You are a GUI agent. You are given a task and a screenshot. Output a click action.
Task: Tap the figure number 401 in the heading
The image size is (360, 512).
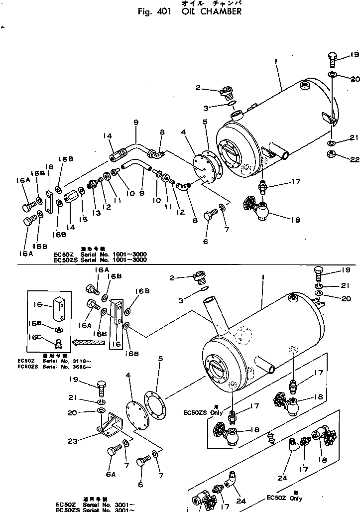click(164, 11)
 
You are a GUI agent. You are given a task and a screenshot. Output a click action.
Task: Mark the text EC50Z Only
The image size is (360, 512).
click(284, 498)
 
